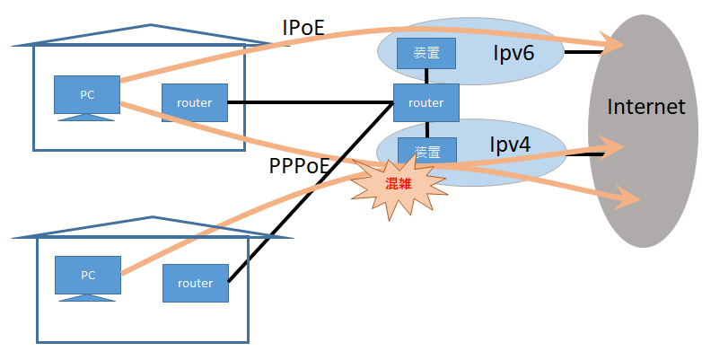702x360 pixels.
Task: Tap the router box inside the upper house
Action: [194, 102]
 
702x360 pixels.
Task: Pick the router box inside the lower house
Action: [195, 283]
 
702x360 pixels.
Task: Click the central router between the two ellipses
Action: [426, 102]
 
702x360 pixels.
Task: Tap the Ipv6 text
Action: [513, 54]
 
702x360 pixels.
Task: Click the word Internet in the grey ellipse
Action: [645, 107]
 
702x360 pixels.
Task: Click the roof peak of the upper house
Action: [152, 26]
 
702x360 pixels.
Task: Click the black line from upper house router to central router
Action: [310, 102]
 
